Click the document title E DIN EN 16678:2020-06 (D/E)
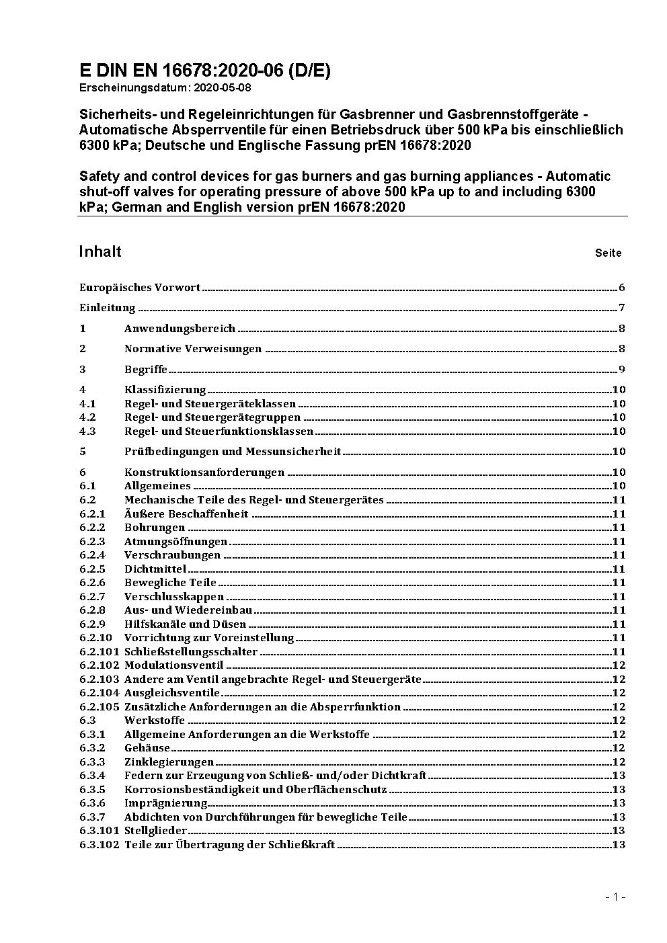[204, 71]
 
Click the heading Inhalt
[100, 251]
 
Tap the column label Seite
[608, 253]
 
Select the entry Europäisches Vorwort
[140, 288]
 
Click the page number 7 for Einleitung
[622, 309]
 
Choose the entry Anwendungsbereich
[180, 329]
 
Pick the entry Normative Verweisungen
[193, 349]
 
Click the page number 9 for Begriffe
[622, 370]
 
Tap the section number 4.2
[87, 417]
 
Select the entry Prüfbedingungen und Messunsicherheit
[233, 452]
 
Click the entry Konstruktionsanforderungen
[204, 473]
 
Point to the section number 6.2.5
[92, 569]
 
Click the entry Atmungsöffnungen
[175, 542]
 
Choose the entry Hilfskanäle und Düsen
[177, 624]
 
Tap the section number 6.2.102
[99, 665]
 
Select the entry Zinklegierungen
[169, 762]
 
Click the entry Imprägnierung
[165, 803]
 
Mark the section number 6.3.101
[99, 831]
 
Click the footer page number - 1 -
[615, 897]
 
